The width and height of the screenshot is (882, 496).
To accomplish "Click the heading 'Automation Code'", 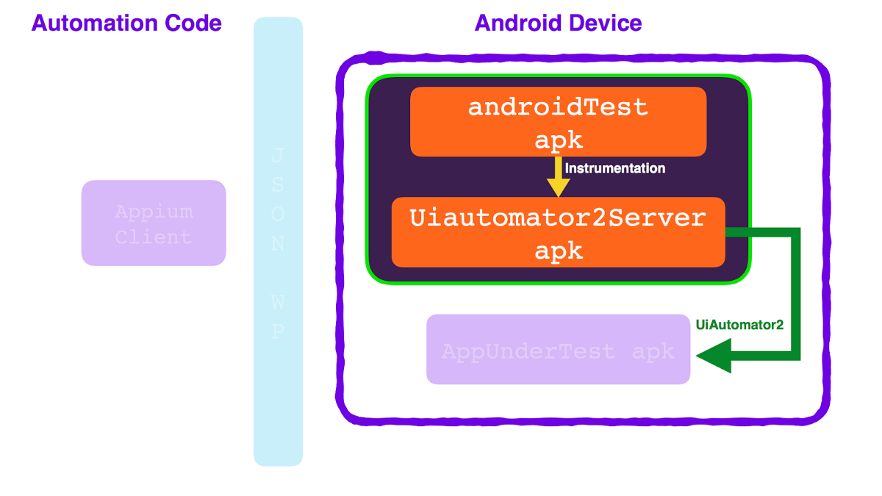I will pos(126,24).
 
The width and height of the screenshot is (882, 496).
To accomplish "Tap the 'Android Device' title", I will pos(559,24).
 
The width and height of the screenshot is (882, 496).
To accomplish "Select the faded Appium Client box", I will pos(154,223).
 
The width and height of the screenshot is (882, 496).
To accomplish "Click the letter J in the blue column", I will pos(278,156).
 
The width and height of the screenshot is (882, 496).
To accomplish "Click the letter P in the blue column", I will pos(278,332).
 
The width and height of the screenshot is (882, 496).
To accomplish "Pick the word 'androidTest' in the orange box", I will pos(559,107).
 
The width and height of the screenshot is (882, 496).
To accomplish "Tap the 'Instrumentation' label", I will pos(615,168).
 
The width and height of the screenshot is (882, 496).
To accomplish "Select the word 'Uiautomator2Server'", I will pos(559,218).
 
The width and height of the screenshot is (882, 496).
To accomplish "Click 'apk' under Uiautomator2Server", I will pos(559,251).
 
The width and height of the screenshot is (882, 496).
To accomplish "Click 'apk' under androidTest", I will pos(559,140).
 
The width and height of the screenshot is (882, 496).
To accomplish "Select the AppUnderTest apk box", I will pos(559,350).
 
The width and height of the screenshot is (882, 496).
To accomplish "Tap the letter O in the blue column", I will pos(278,214).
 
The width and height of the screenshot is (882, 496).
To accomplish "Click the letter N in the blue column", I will pos(278,243).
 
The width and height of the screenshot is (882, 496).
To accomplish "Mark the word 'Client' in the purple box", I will pos(154,237).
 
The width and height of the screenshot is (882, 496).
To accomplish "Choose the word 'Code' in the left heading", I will pos(193,24).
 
